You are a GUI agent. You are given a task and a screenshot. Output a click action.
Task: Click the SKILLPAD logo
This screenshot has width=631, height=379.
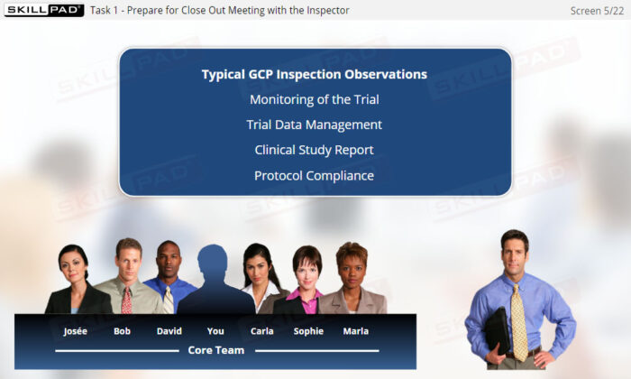pos(44,10)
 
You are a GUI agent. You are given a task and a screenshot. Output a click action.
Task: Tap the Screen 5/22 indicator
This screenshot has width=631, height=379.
pos(597,11)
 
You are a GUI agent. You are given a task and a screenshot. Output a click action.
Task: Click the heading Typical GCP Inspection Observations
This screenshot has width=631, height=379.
pos(315,75)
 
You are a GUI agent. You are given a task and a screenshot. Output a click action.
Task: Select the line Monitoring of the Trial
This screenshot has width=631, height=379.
pos(315,99)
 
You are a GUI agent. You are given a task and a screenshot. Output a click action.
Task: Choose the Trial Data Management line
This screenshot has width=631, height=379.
pos(315,125)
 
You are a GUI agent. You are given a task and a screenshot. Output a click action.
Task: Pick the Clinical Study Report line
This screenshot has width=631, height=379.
pos(315,150)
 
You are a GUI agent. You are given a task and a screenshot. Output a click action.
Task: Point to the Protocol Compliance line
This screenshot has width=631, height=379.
pos(315,176)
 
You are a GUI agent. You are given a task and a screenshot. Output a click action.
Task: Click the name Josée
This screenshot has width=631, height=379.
pos(75,331)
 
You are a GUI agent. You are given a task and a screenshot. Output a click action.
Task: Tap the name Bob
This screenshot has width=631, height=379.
pos(122,331)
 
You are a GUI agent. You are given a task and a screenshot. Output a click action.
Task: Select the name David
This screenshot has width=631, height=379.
pos(169,331)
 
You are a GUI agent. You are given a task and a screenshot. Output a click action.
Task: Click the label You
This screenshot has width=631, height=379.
pos(215,331)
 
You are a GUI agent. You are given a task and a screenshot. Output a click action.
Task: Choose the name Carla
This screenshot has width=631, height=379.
pos(262,331)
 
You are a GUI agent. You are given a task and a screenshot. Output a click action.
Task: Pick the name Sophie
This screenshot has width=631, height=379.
pos(308,331)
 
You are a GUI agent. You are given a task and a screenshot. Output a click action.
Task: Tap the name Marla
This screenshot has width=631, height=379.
pos(356,331)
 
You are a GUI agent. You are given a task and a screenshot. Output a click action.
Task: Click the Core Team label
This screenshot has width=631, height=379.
pos(216,350)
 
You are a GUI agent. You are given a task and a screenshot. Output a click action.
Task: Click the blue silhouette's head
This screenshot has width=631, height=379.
pos(213,261)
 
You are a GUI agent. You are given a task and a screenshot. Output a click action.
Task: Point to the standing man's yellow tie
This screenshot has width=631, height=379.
pos(518,322)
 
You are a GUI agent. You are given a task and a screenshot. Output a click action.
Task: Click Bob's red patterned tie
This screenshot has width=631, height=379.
pos(126,300)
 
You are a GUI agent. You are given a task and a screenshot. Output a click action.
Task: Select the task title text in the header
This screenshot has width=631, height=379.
pos(220,11)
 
